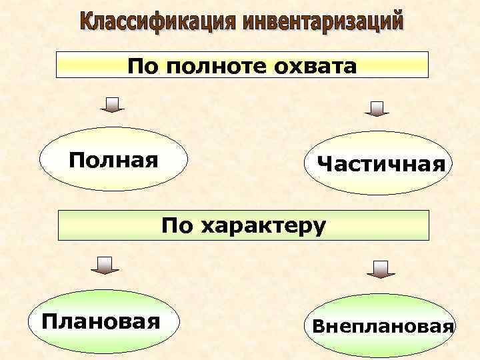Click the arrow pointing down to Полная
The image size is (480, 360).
tap(113, 105)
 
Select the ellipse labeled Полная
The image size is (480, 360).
tap(114, 161)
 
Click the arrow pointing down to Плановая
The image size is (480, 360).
tap(104, 265)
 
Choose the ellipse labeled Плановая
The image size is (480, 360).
tap(101, 323)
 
